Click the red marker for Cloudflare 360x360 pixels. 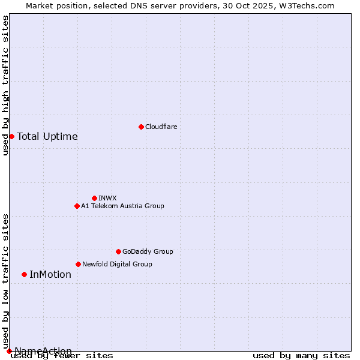pyautogui.click(x=141, y=127)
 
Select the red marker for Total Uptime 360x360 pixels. pyautogui.click(x=11, y=136)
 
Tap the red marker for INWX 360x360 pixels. pyautogui.click(x=94, y=198)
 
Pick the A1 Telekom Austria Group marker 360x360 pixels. pyautogui.click(x=77, y=206)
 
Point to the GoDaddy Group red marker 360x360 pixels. pyautogui.click(x=118, y=251)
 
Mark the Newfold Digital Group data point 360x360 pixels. pyautogui.click(x=78, y=264)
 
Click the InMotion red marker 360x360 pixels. pyautogui.click(x=24, y=274)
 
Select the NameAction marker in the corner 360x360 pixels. pyautogui.click(x=9, y=351)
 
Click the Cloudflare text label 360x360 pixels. pyautogui.click(x=161, y=127)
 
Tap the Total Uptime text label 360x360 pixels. pyautogui.click(x=47, y=136)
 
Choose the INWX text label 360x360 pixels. pyautogui.click(x=107, y=198)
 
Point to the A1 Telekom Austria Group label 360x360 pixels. pyautogui.click(x=122, y=206)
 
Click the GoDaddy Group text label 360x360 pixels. pyautogui.click(x=148, y=251)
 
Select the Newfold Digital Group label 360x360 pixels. pyautogui.click(x=117, y=264)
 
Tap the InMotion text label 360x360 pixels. pyautogui.click(x=50, y=275)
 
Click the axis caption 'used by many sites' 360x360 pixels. pyautogui.click(x=301, y=356)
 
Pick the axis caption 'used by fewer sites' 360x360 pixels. pyautogui.click(x=62, y=356)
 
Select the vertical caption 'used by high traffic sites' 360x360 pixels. pyautogui.click(x=5, y=85)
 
